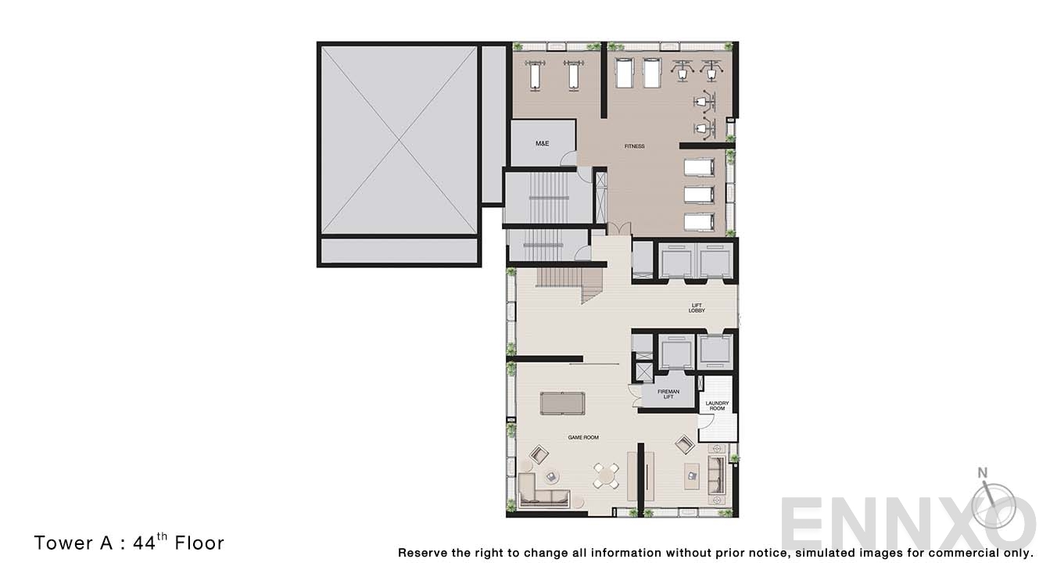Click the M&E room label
543,143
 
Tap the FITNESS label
634,146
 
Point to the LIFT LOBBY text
697,308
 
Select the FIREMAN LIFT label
668,394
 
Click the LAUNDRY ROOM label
717,406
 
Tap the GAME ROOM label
583,437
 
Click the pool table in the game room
562,403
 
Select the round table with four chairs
607,475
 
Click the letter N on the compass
983,472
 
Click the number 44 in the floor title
144,543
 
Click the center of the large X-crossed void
400,140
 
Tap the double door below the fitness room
619,229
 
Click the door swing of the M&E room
568,158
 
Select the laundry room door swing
706,421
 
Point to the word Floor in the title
199,543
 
